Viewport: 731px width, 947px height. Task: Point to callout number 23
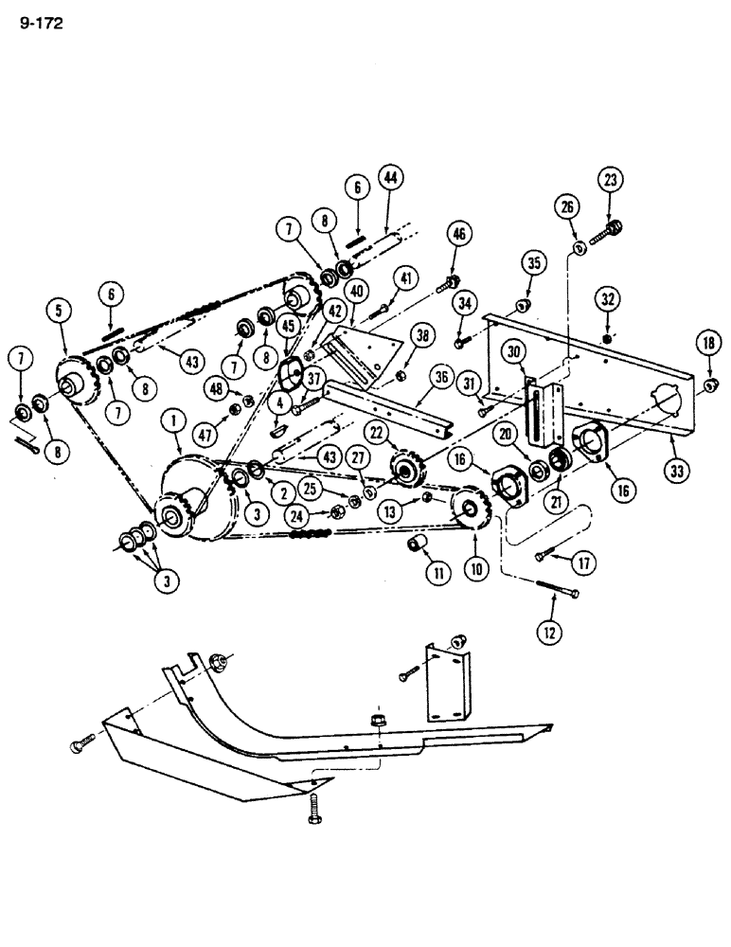pos(609,179)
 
